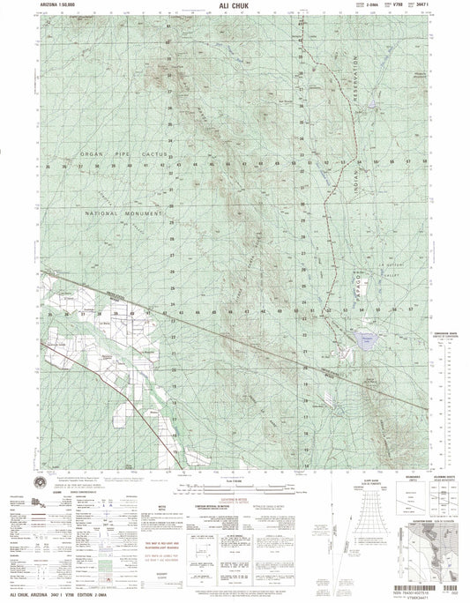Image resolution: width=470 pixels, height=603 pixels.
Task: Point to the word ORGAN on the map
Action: point(93,154)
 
